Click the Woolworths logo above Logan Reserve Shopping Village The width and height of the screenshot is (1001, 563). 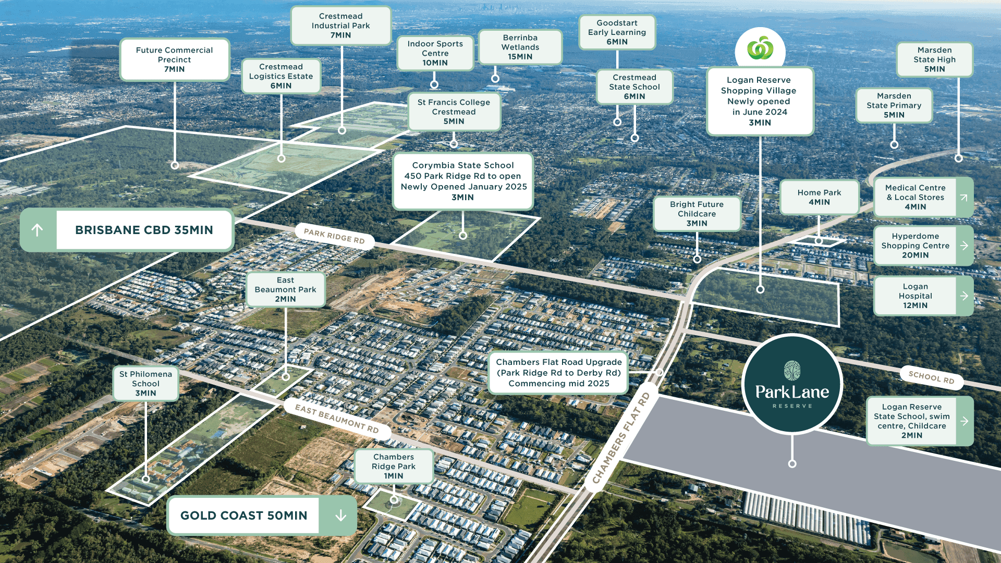(x=760, y=49)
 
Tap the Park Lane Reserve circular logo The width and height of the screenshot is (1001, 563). (x=792, y=384)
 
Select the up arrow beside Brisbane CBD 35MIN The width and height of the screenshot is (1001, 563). (x=38, y=230)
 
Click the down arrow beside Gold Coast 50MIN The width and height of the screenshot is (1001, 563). (x=340, y=516)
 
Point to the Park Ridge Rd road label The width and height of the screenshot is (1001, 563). (x=334, y=236)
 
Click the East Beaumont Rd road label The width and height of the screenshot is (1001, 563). (x=337, y=419)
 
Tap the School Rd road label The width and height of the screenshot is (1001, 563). (x=931, y=377)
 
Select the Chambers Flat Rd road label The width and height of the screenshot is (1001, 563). (x=621, y=438)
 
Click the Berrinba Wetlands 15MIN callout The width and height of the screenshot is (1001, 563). (x=520, y=47)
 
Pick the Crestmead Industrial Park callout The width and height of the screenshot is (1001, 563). (x=340, y=26)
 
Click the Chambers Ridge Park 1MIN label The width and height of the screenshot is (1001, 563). (x=394, y=466)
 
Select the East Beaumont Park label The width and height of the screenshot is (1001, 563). (x=285, y=289)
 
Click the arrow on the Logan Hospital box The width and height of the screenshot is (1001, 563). (x=964, y=296)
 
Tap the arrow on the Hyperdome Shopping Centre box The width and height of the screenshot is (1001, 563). (x=964, y=246)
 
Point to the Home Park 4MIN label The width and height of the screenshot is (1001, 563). (x=819, y=197)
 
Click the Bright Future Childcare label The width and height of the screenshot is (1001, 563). (x=697, y=214)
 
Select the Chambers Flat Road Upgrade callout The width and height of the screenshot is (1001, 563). (x=558, y=373)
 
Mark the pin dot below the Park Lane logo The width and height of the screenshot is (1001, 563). (x=792, y=463)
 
